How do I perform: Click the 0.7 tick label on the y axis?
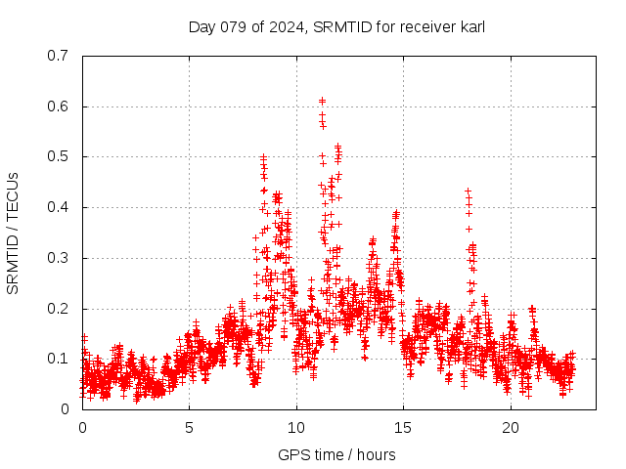(60, 56)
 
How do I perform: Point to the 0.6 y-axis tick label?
(60, 107)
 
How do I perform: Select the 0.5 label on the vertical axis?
(60, 156)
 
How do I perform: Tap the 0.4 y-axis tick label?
(60, 207)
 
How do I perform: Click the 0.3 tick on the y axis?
(60, 258)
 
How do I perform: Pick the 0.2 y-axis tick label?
(60, 309)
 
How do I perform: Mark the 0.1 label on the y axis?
(60, 359)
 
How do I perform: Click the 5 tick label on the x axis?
(190, 428)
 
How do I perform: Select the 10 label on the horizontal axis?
(296, 428)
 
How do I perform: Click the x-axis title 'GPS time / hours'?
(336, 454)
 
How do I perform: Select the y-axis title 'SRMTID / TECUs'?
(13, 233)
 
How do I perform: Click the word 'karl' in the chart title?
(472, 26)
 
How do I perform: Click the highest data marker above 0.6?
(322, 101)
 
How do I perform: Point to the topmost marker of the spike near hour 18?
(468, 191)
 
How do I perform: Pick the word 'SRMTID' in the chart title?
(339, 26)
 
